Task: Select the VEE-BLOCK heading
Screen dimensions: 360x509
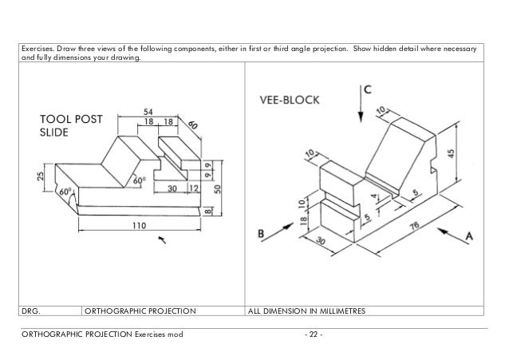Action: (290, 101)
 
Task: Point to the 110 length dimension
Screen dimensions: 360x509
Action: (140, 225)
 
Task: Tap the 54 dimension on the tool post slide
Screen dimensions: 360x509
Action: (148, 111)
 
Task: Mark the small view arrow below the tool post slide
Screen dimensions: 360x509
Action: (164, 239)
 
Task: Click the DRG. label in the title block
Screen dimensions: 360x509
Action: (31, 311)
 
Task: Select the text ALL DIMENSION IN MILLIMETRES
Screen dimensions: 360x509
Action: (307, 311)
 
